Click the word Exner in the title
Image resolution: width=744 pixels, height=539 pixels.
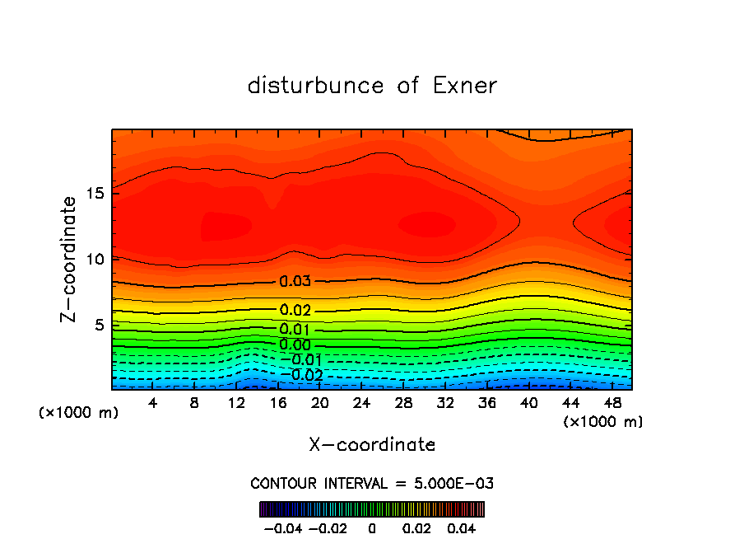[465, 86]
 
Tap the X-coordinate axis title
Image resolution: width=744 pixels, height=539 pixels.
[372, 445]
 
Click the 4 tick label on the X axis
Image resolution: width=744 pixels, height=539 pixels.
[153, 403]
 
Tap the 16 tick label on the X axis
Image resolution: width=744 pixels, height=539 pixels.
[278, 403]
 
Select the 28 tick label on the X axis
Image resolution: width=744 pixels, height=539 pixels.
[403, 403]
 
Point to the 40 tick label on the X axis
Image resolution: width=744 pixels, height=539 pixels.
[528, 403]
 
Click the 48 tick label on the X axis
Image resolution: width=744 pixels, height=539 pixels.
[611, 403]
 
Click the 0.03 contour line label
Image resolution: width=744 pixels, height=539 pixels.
[295, 281]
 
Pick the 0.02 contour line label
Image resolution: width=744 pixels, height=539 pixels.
[295, 311]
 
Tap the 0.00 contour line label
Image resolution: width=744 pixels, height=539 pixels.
[295, 344]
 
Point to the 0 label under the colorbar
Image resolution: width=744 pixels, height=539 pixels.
[372, 527]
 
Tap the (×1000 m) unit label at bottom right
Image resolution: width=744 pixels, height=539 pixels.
[603, 422]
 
